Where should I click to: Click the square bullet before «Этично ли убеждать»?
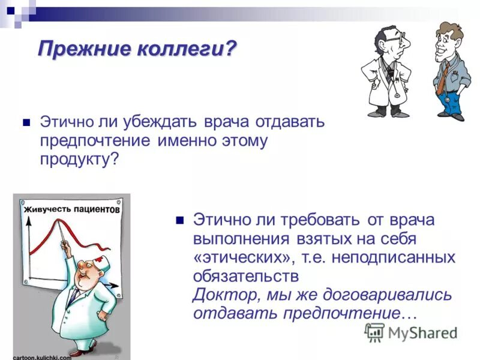25,122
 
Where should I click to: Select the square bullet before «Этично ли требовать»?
178,220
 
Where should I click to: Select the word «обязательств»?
245,276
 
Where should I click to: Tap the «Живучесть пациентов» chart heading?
71,211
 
